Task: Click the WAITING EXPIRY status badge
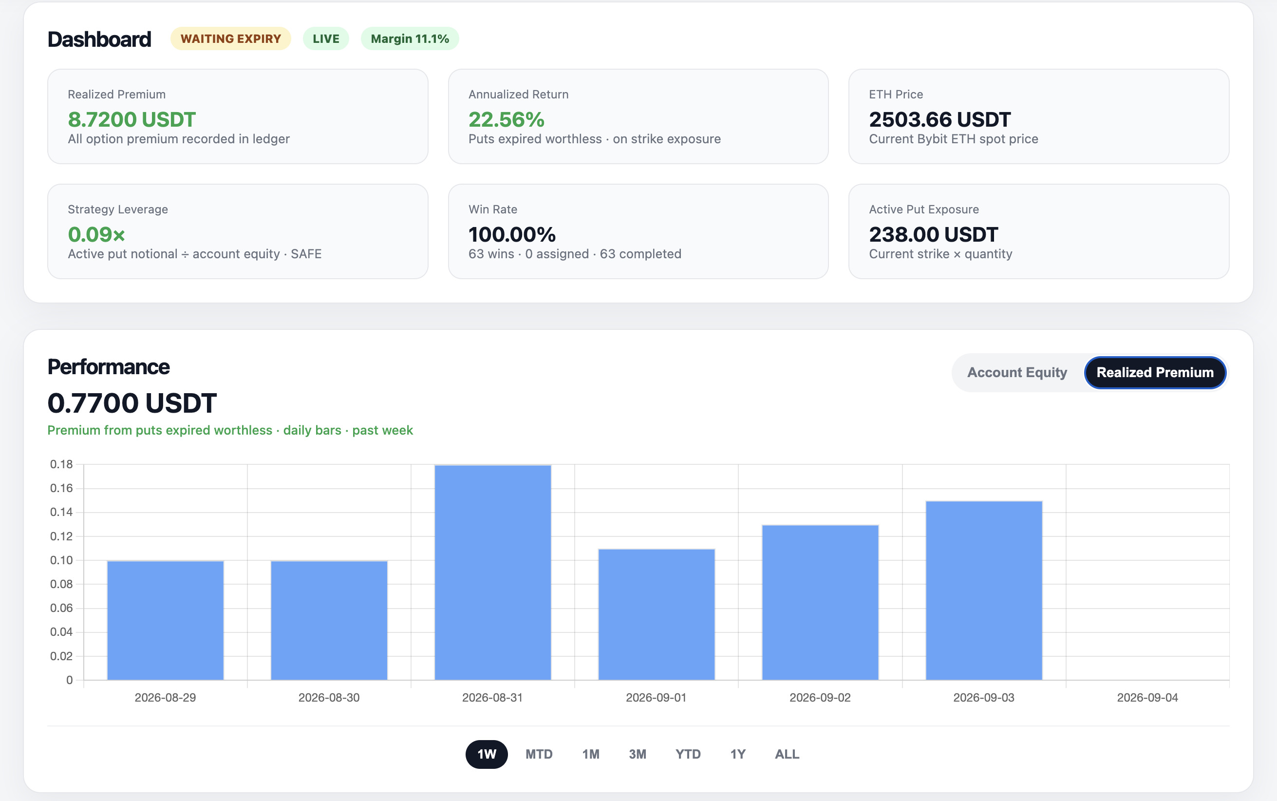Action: (x=230, y=38)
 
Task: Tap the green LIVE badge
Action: (x=326, y=38)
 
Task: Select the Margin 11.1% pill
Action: (x=410, y=38)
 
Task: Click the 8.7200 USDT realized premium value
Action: (x=132, y=119)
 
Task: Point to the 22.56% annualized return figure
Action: (x=506, y=119)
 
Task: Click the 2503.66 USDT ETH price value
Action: (x=940, y=119)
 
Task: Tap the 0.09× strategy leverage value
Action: (x=96, y=234)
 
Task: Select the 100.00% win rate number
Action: (x=512, y=234)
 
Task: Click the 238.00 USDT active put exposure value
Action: (x=933, y=234)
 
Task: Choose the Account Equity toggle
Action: (x=1017, y=372)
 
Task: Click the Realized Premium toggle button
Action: (x=1155, y=372)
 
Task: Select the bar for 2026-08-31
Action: (x=492, y=572)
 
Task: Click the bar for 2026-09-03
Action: (x=984, y=590)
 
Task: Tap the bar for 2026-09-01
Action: (x=657, y=614)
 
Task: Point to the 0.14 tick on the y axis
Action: (x=61, y=512)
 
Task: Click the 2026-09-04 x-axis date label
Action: (x=1147, y=698)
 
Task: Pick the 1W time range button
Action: (x=487, y=754)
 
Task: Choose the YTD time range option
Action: (x=688, y=754)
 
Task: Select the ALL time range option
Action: (x=787, y=754)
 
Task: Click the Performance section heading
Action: (x=109, y=366)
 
